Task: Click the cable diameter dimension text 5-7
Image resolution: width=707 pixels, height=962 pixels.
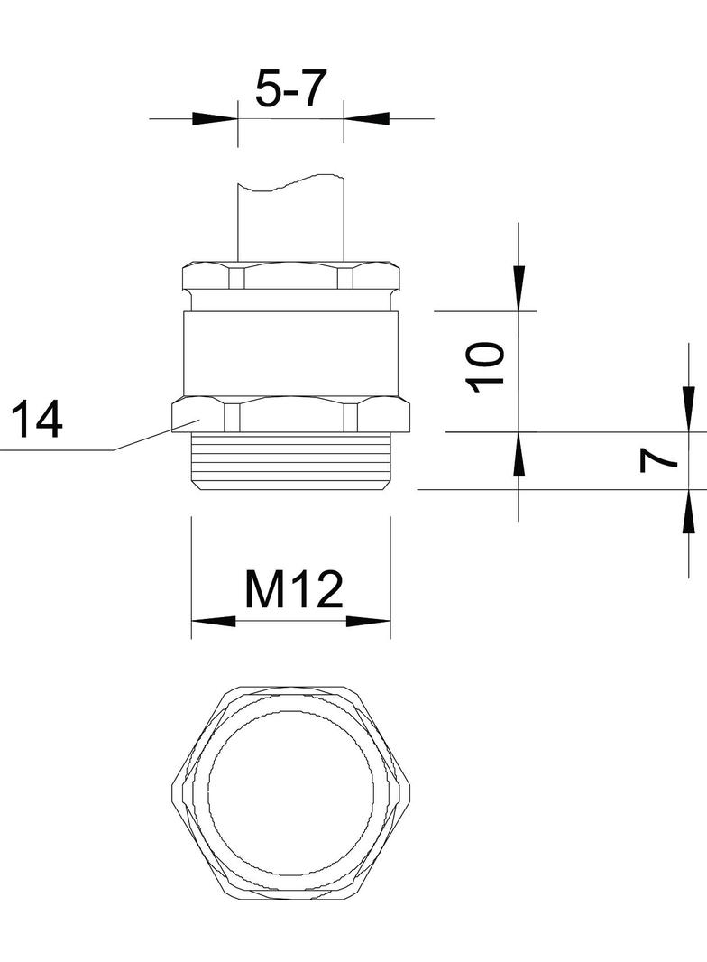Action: [289, 90]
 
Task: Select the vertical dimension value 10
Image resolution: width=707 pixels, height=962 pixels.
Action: [486, 365]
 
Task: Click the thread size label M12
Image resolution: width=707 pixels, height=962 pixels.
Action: [294, 591]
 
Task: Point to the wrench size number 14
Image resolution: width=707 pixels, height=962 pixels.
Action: [36, 421]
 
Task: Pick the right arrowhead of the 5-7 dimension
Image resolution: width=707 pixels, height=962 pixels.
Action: [366, 118]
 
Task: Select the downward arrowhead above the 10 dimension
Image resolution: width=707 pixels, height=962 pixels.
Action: [519, 287]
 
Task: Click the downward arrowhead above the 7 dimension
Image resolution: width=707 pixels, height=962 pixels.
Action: [689, 409]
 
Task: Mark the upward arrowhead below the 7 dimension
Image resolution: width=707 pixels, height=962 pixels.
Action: [689, 511]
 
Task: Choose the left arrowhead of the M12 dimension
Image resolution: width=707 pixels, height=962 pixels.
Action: [214, 622]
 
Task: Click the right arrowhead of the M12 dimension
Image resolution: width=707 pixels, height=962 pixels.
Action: [368, 622]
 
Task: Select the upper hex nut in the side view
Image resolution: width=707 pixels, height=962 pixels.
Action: [290, 277]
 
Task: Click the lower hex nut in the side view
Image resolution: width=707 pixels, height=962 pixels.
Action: [290, 416]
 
